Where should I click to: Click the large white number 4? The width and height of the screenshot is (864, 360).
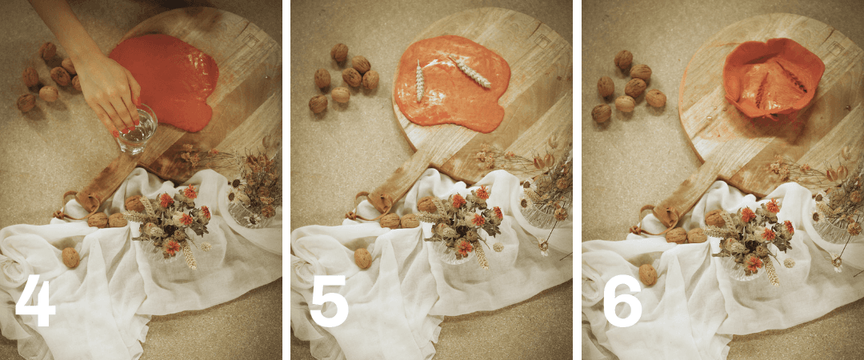coord(35,301)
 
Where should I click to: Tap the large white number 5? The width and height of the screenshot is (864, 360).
coord(329,301)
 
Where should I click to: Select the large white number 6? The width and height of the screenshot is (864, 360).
coord(622,301)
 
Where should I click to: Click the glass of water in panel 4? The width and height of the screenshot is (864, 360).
coord(137,130)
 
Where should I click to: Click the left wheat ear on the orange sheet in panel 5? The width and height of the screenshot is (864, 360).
coord(418,81)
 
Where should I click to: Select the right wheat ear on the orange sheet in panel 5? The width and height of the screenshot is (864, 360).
coord(469,71)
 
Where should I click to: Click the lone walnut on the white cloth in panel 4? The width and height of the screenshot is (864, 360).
coord(70,258)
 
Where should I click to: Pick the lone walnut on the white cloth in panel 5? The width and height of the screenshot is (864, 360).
coord(363,258)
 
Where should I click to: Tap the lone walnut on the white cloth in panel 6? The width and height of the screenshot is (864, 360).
coord(648,274)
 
